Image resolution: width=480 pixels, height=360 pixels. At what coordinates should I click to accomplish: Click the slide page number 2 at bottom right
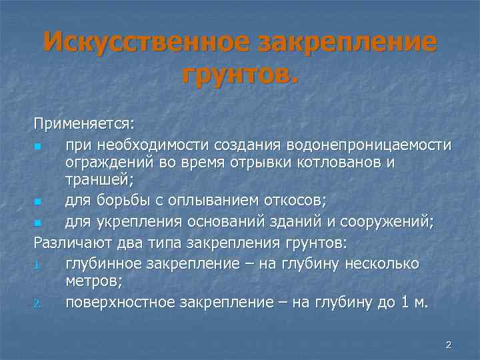tap(448, 345)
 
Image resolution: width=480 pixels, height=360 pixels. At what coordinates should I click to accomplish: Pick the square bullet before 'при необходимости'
tap(39, 145)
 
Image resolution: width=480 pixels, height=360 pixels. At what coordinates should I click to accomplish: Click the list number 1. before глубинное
tap(39, 265)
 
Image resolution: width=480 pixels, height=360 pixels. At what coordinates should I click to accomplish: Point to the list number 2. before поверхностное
tap(39, 303)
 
